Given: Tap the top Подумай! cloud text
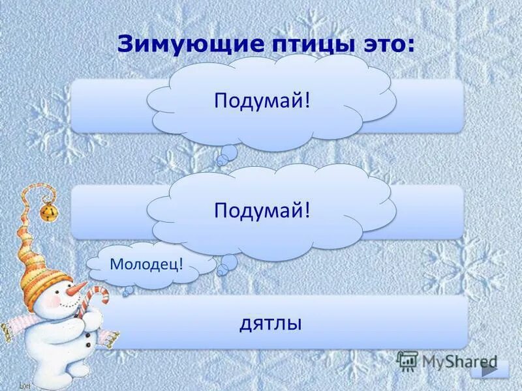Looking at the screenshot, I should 261,100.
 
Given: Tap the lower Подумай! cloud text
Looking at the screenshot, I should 261,210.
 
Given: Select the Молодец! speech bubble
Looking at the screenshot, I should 146,264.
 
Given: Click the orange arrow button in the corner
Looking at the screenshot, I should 489,369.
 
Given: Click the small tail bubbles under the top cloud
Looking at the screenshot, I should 228,154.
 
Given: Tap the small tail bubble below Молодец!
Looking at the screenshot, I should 129,290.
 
